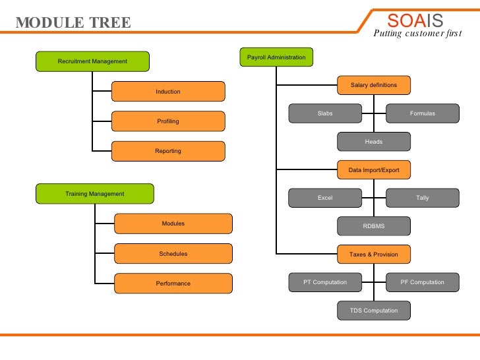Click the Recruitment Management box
tap(92, 61)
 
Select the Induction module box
tap(168, 92)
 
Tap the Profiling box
tap(168, 121)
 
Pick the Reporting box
tap(168, 151)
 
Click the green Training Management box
tap(94, 194)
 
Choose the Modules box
tap(173, 224)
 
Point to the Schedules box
tap(173, 254)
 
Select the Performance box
tap(173, 284)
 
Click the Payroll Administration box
tap(276, 57)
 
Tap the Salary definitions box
tap(374, 85)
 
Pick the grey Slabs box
tap(325, 113)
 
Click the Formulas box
tap(423, 113)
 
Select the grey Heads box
tap(374, 142)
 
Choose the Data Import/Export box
tap(374, 170)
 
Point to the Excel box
tap(325, 198)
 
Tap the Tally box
tap(423, 198)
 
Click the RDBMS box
tap(374, 226)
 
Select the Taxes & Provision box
tap(374, 254)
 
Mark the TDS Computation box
tap(374, 311)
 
